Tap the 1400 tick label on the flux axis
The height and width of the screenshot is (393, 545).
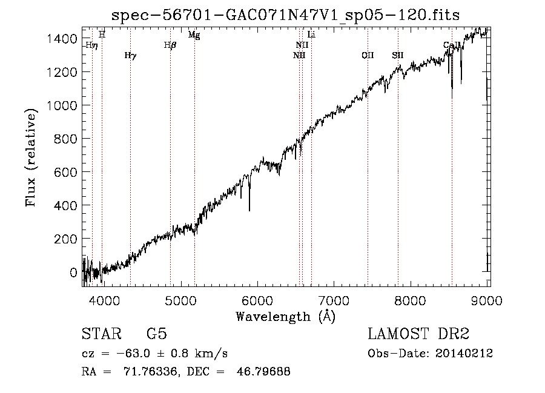62,39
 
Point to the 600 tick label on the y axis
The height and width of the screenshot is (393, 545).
67,173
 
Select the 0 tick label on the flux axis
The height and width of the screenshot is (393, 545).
74,272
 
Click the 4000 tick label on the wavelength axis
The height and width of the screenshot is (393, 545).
104,300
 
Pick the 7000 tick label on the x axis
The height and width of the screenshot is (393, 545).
335,300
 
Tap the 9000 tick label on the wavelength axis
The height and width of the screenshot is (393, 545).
489,300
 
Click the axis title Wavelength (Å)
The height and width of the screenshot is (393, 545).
285,316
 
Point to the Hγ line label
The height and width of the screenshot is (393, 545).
130,56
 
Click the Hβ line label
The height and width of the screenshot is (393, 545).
170,45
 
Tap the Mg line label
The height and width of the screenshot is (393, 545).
194,35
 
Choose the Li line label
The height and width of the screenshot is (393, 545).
311,35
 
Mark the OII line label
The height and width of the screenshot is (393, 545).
368,56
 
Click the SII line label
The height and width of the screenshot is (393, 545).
397,56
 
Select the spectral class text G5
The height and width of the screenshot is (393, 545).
156,334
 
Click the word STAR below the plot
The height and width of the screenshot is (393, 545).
101,334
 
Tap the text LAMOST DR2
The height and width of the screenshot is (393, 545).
418,334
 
